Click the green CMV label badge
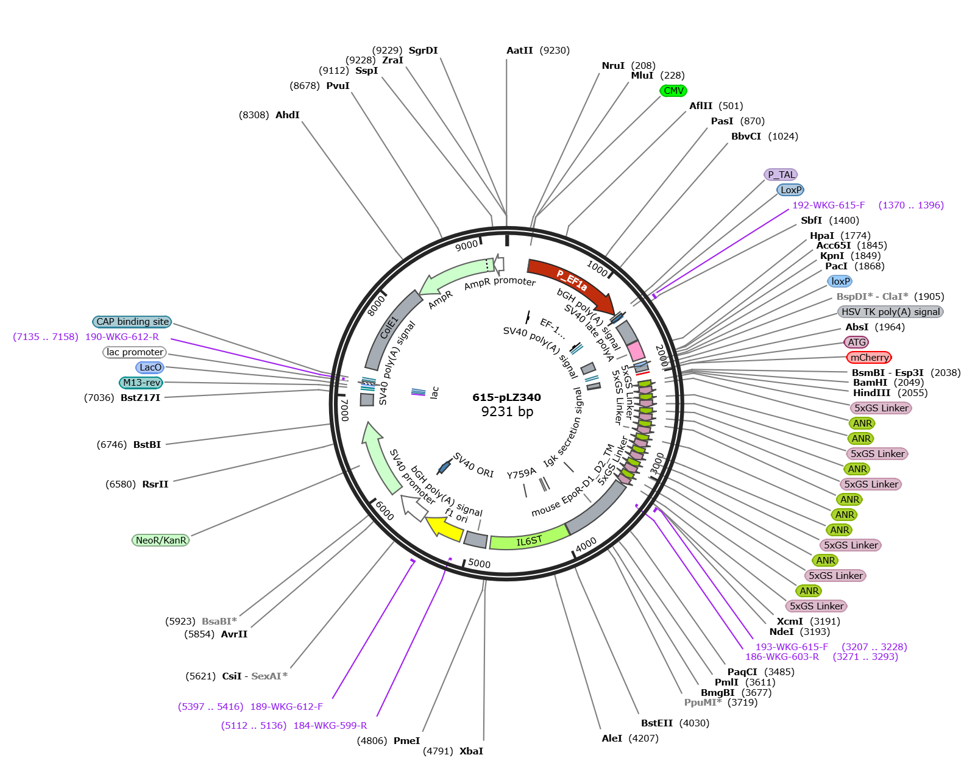coord(673,91)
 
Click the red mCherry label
coord(869,357)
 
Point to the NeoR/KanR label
coord(161,540)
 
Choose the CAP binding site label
coord(132,321)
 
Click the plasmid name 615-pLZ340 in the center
coord(506,397)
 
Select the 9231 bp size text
coord(507,411)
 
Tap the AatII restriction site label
coord(520,51)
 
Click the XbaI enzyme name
coord(471,751)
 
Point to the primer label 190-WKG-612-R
coord(122,337)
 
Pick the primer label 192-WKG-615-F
coord(828,205)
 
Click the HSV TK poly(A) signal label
coord(890,311)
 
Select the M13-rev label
coord(141,383)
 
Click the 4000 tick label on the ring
coord(586,544)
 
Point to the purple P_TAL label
coord(781,174)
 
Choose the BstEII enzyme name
coord(658,723)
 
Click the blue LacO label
coord(150,367)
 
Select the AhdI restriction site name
coord(287,115)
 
